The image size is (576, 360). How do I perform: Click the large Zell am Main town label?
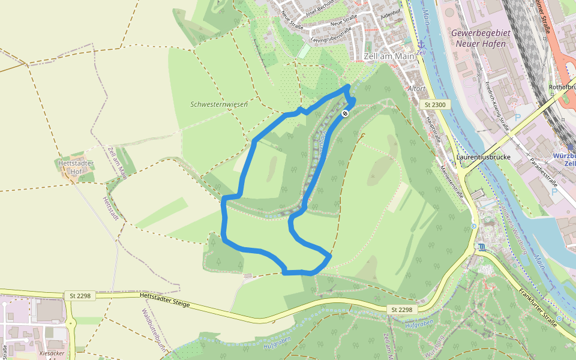pyautogui.click(x=389, y=56)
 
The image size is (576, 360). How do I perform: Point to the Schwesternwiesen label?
pyautogui.click(x=219, y=104)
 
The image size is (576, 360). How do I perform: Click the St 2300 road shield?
pyautogui.click(x=435, y=105)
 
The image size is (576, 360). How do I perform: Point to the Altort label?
pyautogui.click(x=416, y=88)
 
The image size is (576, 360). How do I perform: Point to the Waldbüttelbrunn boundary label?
pyautogui.click(x=152, y=329)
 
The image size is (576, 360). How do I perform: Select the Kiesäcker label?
pyautogui.click(x=52, y=353)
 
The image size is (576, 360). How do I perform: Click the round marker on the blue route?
pyautogui.click(x=345, y=113)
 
